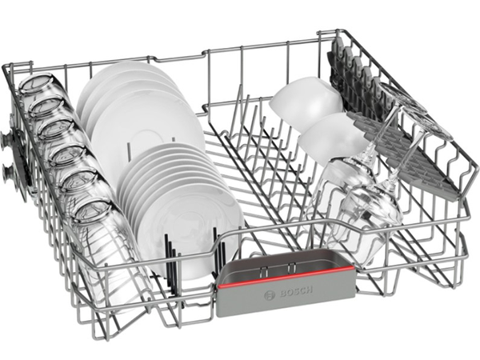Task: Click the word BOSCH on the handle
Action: pos(296,291)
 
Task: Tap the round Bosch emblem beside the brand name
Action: pos(269,296)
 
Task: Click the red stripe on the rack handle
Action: pos(286,276)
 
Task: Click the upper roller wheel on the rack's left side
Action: pos(6,140)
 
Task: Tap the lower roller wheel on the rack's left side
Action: pos(6,174)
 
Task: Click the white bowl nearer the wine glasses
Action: pos(332,138)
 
